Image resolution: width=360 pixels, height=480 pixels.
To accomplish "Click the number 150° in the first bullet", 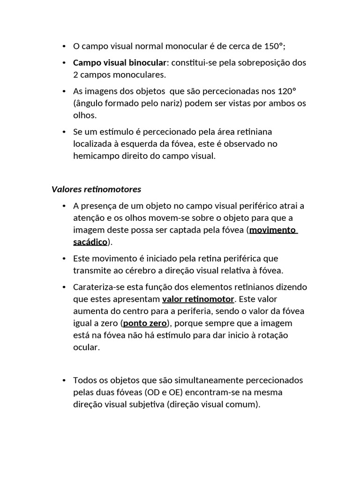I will tap(273, 46).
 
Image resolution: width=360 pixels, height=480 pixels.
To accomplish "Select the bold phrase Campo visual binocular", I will tap(120, 62).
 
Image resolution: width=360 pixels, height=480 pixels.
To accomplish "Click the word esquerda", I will tap(139, 144).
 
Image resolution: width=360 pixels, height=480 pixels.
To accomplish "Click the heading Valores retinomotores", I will tap(96, 189).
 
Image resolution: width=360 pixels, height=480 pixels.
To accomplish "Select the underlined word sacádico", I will tap(90, 242).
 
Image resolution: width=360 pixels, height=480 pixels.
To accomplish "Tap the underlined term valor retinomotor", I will tap(198, 299).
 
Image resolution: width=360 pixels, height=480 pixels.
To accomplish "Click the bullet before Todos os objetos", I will tap(63, 380).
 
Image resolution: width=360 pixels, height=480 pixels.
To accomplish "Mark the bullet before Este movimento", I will tap(63, 258).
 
